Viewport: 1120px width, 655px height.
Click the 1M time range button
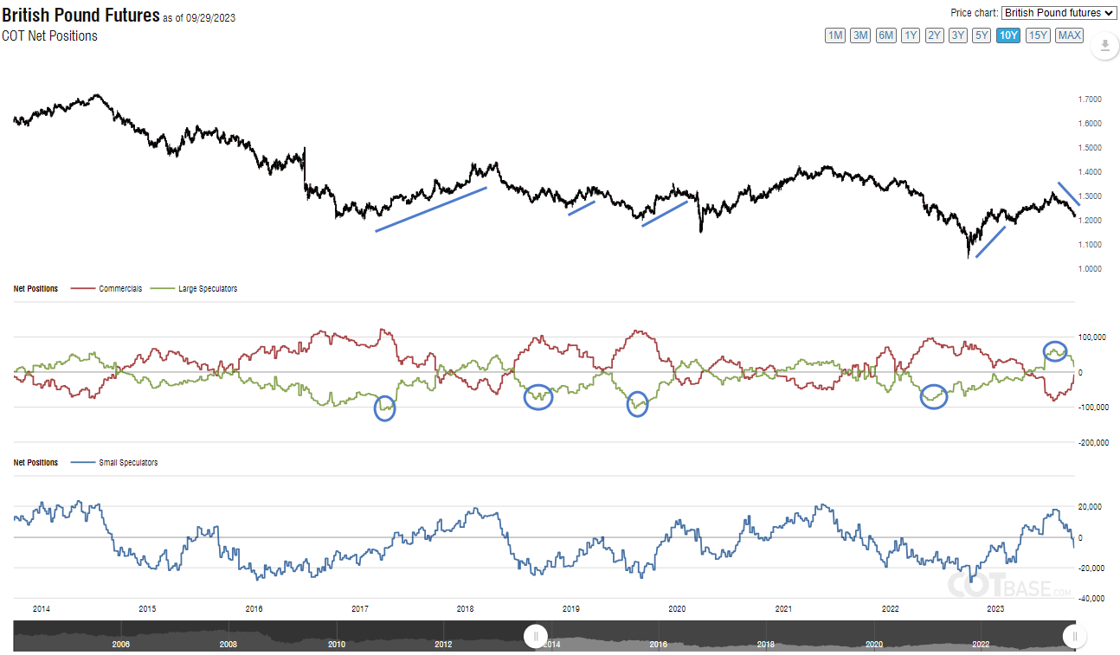pos(835,35)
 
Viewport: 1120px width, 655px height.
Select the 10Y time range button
pos(1007,35)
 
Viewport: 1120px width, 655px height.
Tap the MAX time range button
pos(1069,35)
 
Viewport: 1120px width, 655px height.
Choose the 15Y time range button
pos(1038,35)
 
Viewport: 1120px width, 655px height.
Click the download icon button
pos(1104,45)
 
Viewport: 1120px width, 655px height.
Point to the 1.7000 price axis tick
pos(1090,100)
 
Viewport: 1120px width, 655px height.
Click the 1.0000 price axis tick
pos(1090,269)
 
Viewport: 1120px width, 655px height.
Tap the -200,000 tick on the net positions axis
pos(1093,442)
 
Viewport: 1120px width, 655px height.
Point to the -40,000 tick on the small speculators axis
pos(1091,598)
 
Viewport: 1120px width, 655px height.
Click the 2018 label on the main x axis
pos(465,609)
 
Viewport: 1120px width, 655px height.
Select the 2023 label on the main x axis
pos(995,609)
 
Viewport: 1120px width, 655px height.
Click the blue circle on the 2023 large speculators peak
pos(1054,350)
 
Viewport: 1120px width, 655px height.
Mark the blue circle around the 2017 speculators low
pos(385,408)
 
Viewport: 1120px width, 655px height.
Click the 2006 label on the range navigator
pos(121,644)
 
